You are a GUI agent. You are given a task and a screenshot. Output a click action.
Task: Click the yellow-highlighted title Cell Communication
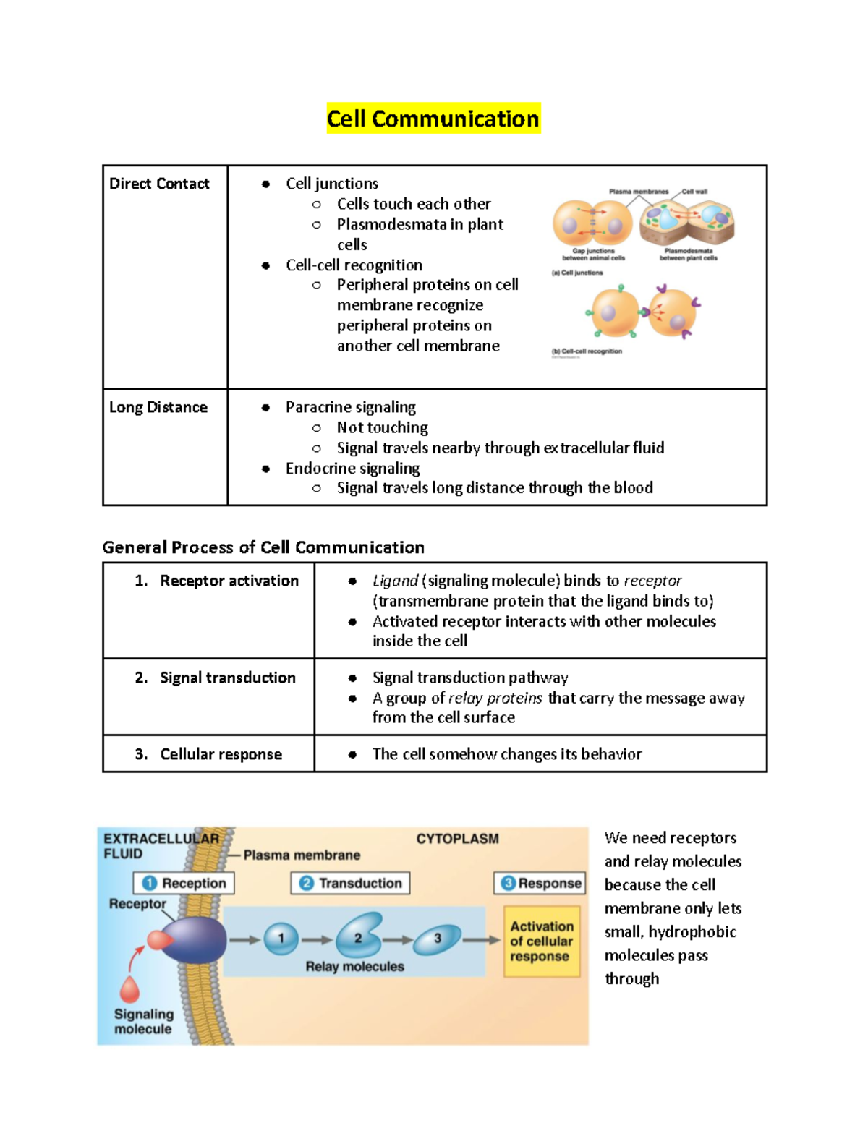(x=433, y=119)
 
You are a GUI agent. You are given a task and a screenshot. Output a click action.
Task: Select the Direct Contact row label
(x=159, y=184)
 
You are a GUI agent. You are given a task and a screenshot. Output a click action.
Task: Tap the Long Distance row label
(x=158, y=407)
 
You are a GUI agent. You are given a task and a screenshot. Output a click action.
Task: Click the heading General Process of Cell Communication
(x=263, y=547)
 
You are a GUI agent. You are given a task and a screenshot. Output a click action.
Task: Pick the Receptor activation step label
(x=229, y=581)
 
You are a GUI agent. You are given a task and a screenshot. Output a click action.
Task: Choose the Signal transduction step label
(x=227, y=678)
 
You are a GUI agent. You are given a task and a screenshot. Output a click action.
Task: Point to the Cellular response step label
(x=221, y=754)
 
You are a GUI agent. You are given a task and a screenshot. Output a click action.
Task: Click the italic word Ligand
(x=395, y=581)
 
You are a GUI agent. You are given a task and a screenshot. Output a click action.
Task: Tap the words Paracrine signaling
(x=351, y=407)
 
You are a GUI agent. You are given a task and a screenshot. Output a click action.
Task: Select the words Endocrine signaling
(x=352, y=469)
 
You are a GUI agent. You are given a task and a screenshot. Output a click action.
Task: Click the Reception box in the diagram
(x=184, y=883)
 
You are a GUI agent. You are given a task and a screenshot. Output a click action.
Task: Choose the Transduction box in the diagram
(x=351, y=883)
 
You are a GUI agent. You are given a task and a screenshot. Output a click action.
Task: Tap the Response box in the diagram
(x=540, y=883)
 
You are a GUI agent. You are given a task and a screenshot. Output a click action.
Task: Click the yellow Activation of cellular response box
(x=541, y=941)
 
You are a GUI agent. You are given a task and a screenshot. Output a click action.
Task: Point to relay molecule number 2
(x=359, y=936)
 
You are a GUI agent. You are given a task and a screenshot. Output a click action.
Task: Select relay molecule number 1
(x=281, y=939)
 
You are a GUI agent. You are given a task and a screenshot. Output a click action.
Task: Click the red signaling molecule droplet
(x=130, y=989)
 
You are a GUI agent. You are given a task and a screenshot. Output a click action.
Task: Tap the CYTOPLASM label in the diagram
(x=457, y=839)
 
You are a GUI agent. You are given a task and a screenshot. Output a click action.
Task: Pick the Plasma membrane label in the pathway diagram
(x=302, y=855)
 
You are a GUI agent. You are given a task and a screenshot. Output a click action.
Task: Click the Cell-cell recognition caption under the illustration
(x=587, y=351)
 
